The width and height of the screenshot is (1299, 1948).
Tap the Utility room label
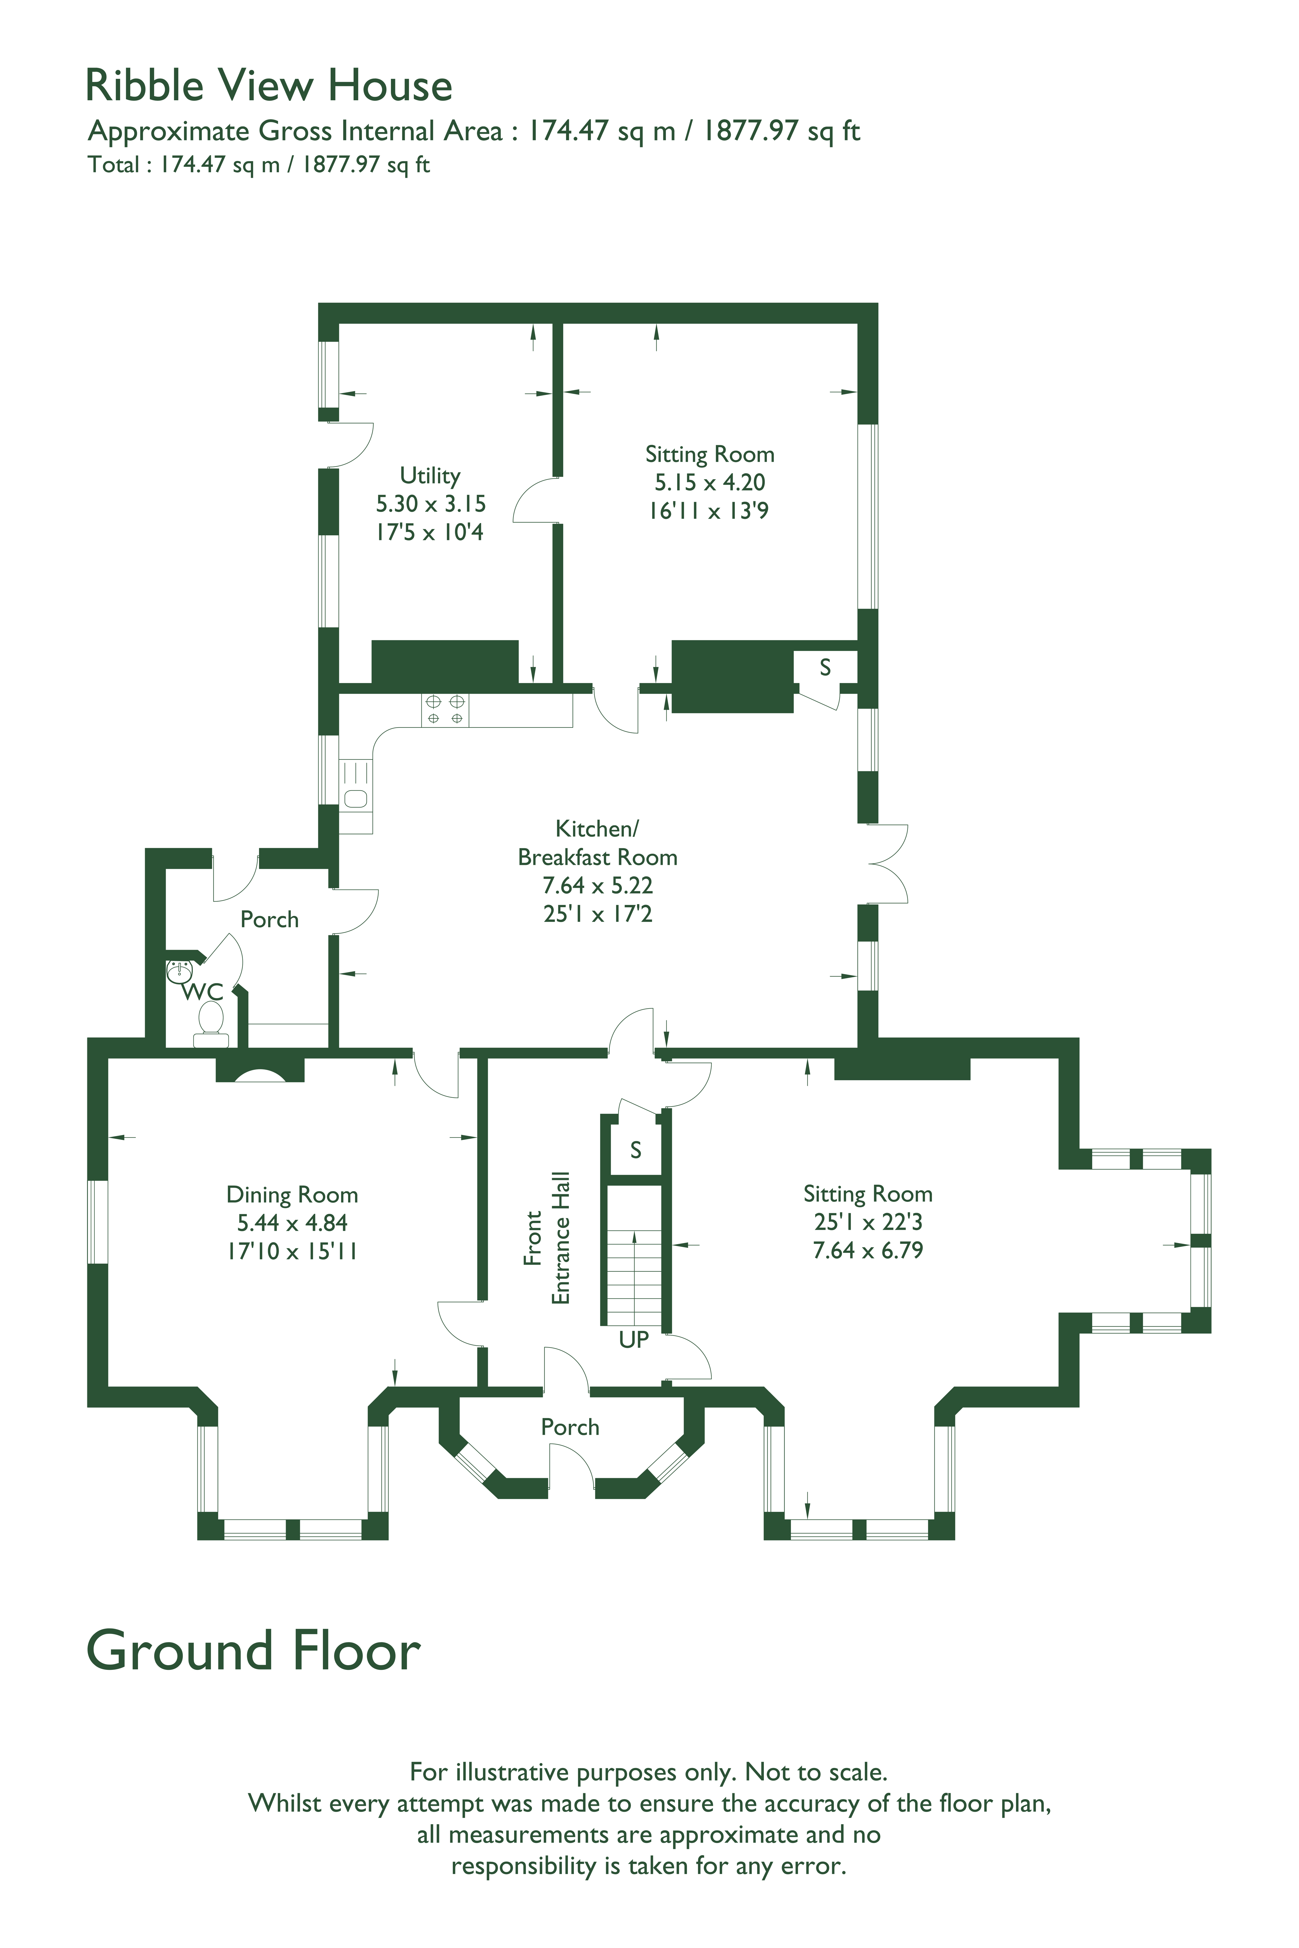[430, 475]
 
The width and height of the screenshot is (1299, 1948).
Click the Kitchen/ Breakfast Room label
[597, 843]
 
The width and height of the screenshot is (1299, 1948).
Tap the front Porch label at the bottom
[570, 1427]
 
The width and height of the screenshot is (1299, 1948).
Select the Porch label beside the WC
[269, 919]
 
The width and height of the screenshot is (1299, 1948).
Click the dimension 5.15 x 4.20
[710, 482]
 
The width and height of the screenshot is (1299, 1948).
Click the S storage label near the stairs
[635, 1150]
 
